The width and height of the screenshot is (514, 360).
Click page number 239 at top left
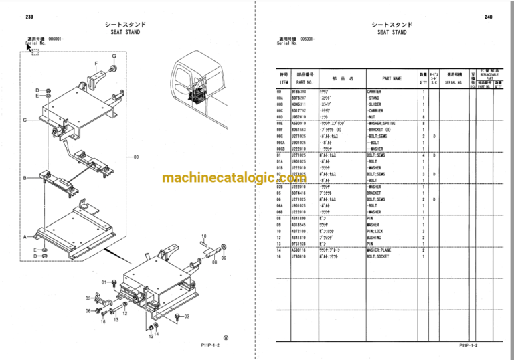pos(29,17)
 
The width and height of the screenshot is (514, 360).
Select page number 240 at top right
pos(488,17)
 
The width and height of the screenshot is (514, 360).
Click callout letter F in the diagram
pos(96,64)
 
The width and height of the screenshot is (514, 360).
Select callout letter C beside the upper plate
pos(25,120)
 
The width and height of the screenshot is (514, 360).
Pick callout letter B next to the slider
pos(25,178)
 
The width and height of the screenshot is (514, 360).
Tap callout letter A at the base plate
pos(25,237)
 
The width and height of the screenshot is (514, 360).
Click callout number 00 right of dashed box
pos(136,157)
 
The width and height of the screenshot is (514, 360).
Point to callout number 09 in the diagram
pos(224,257)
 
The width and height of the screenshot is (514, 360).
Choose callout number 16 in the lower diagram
pos(103,322)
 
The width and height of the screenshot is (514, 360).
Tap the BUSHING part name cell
pos(377,237)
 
